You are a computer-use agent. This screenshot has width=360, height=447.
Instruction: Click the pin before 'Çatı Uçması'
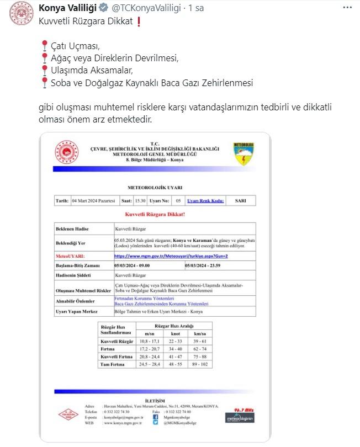tap(45, 45)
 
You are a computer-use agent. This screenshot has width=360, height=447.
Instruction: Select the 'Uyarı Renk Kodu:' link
tap(205, 201)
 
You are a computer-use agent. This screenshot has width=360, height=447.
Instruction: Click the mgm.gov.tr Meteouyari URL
tap(163, 257)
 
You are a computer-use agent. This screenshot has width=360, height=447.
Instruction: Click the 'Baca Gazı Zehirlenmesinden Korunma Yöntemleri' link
tap(161, 304)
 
